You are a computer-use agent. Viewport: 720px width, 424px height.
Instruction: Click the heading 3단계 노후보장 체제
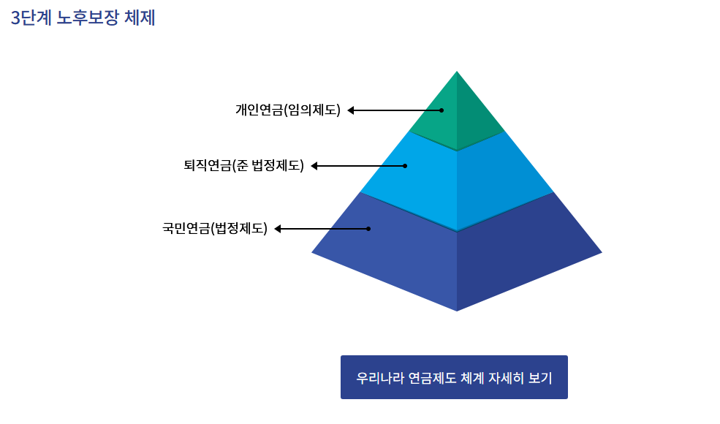tap(83, 18)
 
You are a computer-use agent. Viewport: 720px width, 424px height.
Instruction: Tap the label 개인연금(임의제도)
tap(288, 110)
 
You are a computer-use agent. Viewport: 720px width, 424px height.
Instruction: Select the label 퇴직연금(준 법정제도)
tap(243, 165)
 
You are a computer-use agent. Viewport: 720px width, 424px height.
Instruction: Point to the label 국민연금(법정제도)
tap(215, 228)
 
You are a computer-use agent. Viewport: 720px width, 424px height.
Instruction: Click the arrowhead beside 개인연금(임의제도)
tap(351, 110)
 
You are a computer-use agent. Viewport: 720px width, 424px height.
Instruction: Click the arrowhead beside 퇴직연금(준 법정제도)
tap(314, 166)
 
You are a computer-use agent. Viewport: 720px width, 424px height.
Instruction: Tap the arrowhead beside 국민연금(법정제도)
tap(278, 229)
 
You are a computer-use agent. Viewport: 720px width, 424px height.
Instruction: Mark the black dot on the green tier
tap(442, 110)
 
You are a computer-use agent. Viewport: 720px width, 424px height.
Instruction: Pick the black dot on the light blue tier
tap(405, 166)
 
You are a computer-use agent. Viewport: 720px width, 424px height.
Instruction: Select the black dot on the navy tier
tap(368, 229)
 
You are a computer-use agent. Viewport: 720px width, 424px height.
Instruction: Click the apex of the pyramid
tap(457, 72)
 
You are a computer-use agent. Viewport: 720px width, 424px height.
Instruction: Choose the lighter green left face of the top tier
tap(436, 124)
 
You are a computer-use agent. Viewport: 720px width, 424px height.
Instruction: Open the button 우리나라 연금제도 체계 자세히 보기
tap(454, 377)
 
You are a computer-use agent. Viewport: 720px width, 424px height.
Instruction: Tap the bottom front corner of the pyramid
tap(457, 310)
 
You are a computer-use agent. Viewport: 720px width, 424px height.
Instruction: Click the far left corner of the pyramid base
tap(313, 252)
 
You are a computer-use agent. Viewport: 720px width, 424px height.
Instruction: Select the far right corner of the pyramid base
tap(601, 253)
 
